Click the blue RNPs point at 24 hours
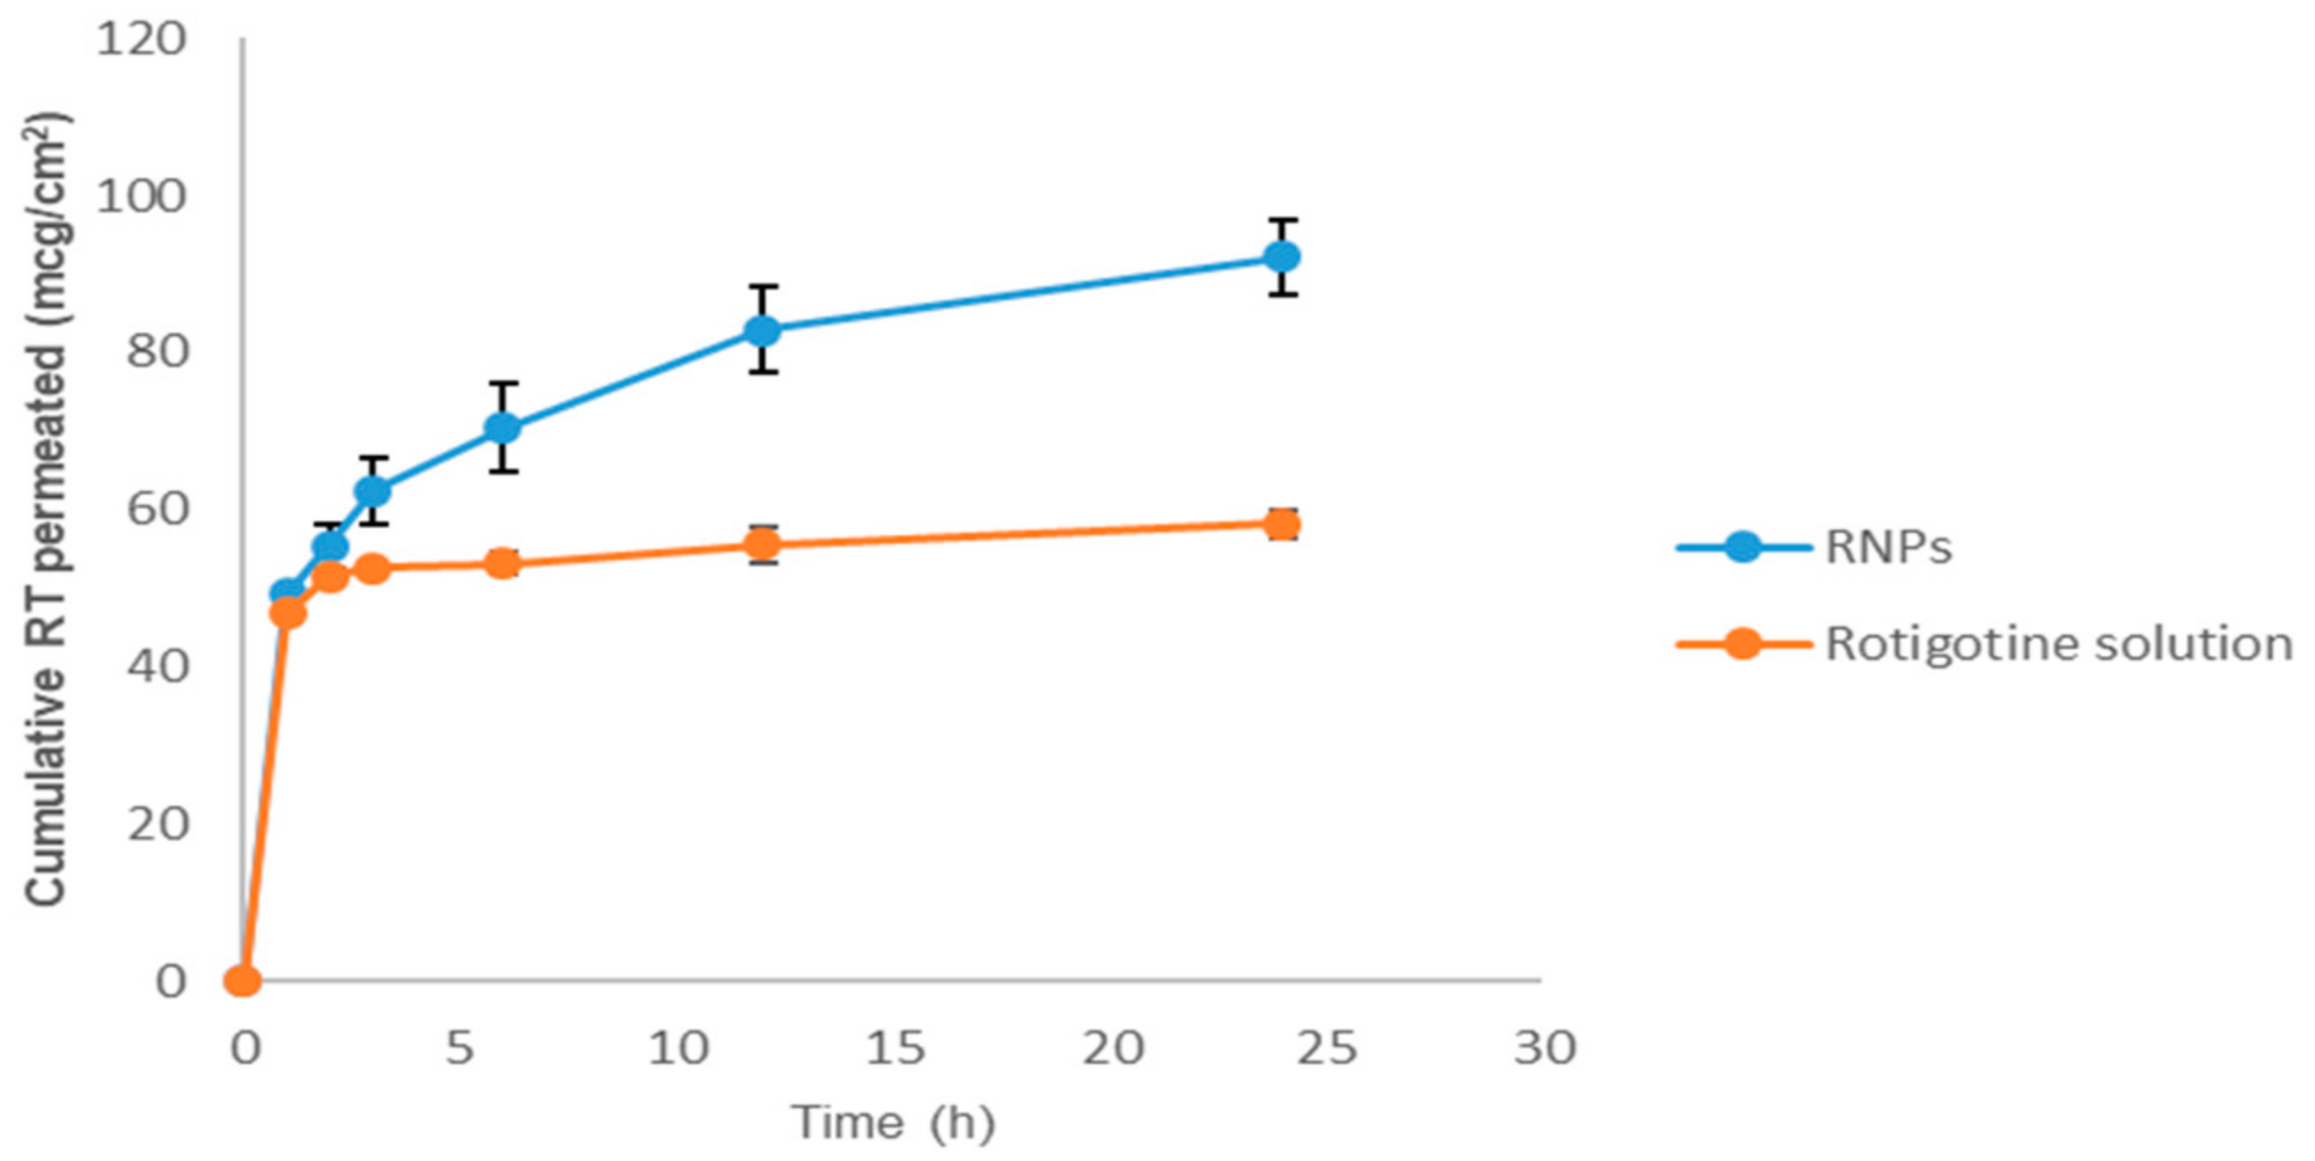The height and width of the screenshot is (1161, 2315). pyautogui.click(x=1281, y=257)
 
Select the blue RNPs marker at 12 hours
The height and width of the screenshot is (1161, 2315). pyautogui.click(x=762, y=330)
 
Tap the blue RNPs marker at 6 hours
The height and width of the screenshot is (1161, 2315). pyautogui.click(x=503, y=427)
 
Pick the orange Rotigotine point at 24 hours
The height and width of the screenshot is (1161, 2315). pyautogui.click(x=1281, y=524)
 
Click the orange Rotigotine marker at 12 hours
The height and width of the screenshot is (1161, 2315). pyautogui.click(x=762, y=544)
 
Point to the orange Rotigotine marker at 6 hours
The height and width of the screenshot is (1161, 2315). pyautogui.click(x=503, y=565)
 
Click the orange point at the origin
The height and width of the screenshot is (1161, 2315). pyautogui.click(x=242, y=981)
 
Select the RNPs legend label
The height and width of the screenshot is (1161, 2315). pyautogui.click(x=1888, y=547)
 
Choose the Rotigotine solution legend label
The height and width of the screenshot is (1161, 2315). pyautogui.click(x=2058, y=645)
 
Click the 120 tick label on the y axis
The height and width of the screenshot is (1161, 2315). pyautogui.click(x=141, y=39)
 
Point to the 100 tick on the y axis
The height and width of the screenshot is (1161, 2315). pyautogui.click(x=141, y=196)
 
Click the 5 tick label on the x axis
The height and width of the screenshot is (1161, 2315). pyautogui.click(x=459, y=1048)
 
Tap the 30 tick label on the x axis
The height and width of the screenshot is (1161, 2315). pyautogui.click(x=1545, y=1048)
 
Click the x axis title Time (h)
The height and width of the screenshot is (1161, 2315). pyautogui.click(x=892, y=1122)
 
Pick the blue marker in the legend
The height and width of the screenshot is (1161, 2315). pyautogui.click(x=1742, y=547)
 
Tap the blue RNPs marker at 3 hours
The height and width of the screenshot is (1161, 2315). pyautogui.click(x=373, y=491)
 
